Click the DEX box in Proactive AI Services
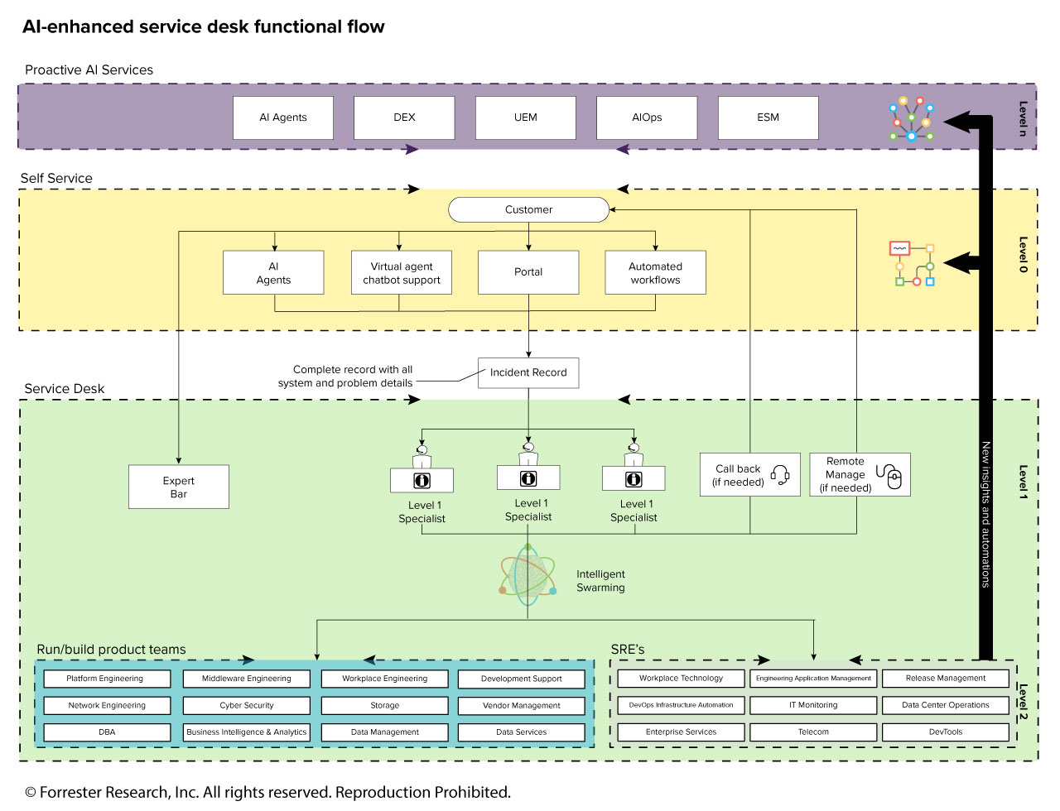pyautogui.click(x=404, y=118)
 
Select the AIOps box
pyautogui.click(x=647, y=118)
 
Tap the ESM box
pyautogui.click(x=768, y=118)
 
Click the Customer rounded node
pyautogui.click(x=529, y=209)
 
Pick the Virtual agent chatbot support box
pyautogui.click(x=402, y=272)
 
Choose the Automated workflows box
pyautogui.click(x=655, y=272)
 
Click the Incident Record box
pyautogui.click(x=528, y=373)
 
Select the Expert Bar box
pyautogui.click(x=179, y=487)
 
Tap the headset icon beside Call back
pyautogui.click(x=780, y=474)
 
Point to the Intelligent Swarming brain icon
pyautogui.click(x=528, y=575)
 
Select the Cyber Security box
pyautogui.click(x=246, y=705)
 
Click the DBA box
pyautogui.click(x=107, y=732)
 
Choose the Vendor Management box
pyautogui.click(x=522, y=705)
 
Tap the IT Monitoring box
pyautogui.click(x=813, y=705)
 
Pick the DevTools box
pyautogui.click(x=946, y=732)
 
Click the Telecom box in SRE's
pyautogui.click(x=813, y=732)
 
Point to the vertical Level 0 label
pyautogui.click(x=1023, y=254)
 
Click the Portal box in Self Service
pyautogui.click(x=528, y=272)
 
